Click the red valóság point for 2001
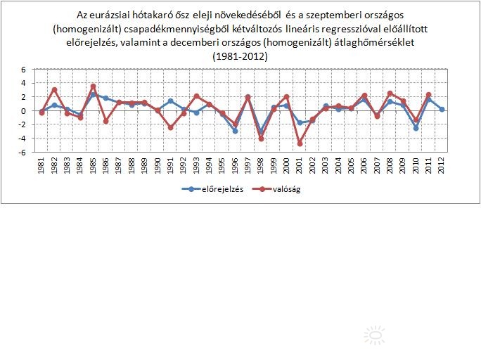click(300, 143)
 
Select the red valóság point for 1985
click(93, 86)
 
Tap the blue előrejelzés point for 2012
click(441, 109)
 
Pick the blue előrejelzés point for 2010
click(416, 128)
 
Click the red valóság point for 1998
click(261, 139)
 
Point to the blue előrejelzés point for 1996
click(235, 131)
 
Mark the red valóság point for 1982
click(54, 90)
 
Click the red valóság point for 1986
click(105, 121)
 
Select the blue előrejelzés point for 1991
click(170, 101)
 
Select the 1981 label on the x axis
click(41, 167)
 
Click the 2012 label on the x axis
click(441, 167)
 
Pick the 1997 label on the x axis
click(248, 167)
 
